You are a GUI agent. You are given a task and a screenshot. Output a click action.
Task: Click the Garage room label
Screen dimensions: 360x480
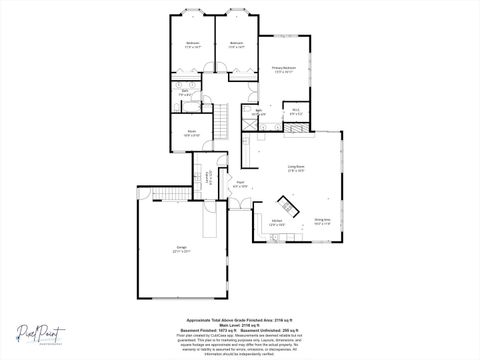[x=182, y=249]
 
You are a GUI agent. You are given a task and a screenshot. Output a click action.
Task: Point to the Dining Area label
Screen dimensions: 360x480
[x=322, y=220]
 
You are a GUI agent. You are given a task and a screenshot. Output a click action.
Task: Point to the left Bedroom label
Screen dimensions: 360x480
[x=192, y=45]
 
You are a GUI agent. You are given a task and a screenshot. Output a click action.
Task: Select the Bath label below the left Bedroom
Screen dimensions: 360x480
[x=186, y=93]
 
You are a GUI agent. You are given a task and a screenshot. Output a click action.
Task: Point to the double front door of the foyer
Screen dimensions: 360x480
[x=240, y=210]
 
